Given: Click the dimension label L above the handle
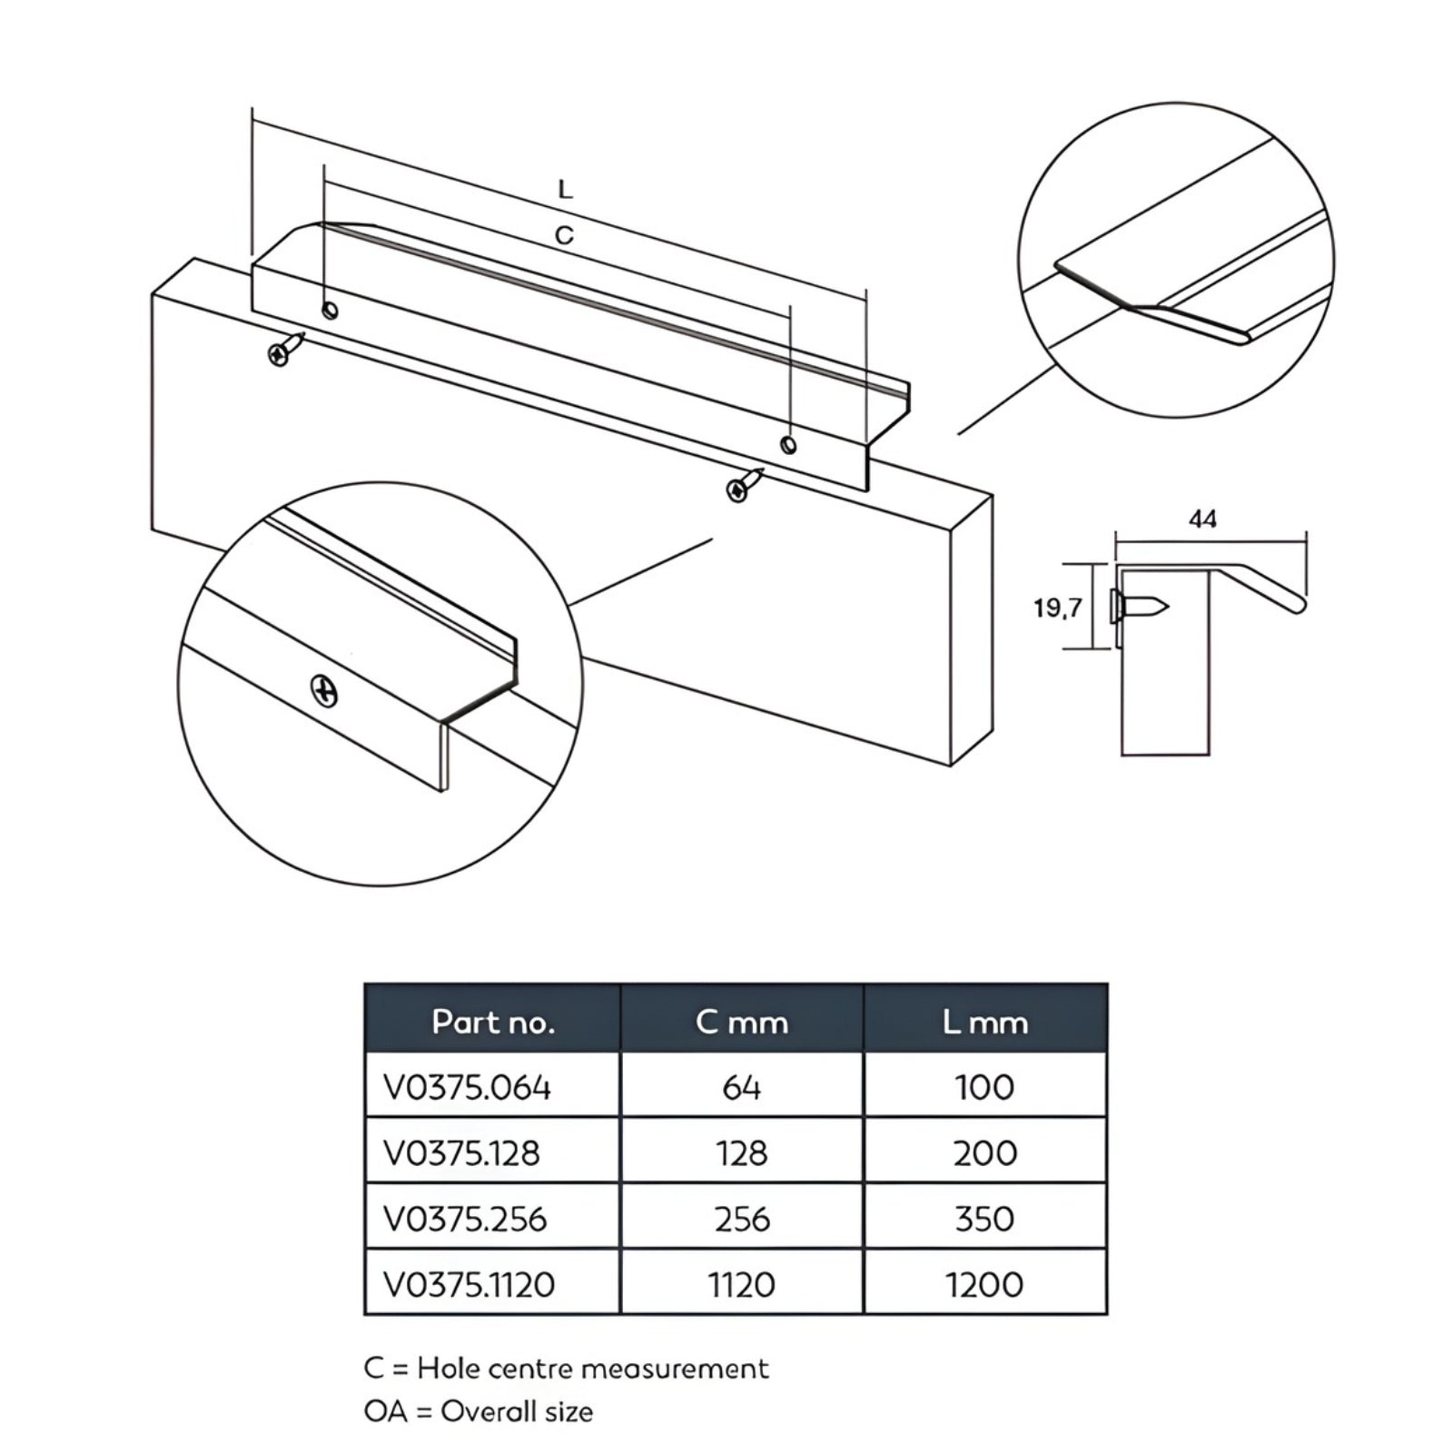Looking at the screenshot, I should coord(565,190).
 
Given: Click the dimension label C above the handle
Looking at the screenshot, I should coord(564,236).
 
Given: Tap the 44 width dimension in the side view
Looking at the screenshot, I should coord(1202,519).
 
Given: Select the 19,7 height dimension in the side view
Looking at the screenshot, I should coord(1057,608).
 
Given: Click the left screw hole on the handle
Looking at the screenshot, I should coord(331,311).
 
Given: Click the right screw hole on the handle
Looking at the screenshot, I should coord(788,445).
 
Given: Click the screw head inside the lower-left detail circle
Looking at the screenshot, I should coord(324,691).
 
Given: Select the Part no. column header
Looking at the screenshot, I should coord(492,1023).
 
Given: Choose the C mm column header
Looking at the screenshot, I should coord(742,1023).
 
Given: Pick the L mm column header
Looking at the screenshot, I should coord(984,1023).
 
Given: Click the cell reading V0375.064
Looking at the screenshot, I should coord(468,1087).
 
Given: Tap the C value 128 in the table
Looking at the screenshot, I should coord(742,1153).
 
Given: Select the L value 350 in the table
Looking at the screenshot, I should coord(984,1219).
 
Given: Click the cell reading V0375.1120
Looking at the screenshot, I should coord(470,1285).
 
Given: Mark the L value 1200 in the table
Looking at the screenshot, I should coord(984,1285).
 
